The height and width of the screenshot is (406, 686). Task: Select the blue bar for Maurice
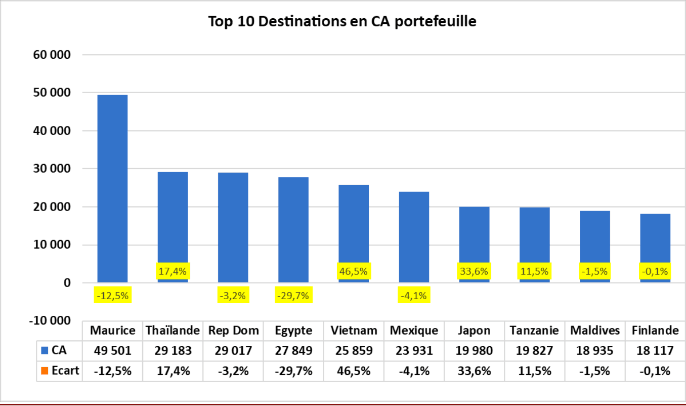(112, 187)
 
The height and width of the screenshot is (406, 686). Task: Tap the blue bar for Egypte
(293, 223)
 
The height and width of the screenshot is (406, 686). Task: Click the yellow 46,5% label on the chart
(354, 271)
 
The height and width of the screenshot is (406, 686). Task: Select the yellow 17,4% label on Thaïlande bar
(173, 271)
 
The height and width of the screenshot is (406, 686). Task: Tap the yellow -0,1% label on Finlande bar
(655, 271)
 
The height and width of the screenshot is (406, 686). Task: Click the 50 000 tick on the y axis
(50, 93)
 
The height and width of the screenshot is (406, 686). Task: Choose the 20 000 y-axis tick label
(50, 207)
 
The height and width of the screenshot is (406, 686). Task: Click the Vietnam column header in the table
(354, 331)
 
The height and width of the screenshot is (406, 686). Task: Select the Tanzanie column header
(534, 331)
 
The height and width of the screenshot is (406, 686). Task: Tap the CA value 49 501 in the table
(112, 350)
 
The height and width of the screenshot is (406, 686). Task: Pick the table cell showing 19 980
(474, 350)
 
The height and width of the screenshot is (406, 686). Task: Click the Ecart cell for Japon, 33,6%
(474, 371)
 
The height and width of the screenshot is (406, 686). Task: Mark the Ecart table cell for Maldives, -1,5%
(595, 371)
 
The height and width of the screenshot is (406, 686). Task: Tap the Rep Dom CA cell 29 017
(233, 350)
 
